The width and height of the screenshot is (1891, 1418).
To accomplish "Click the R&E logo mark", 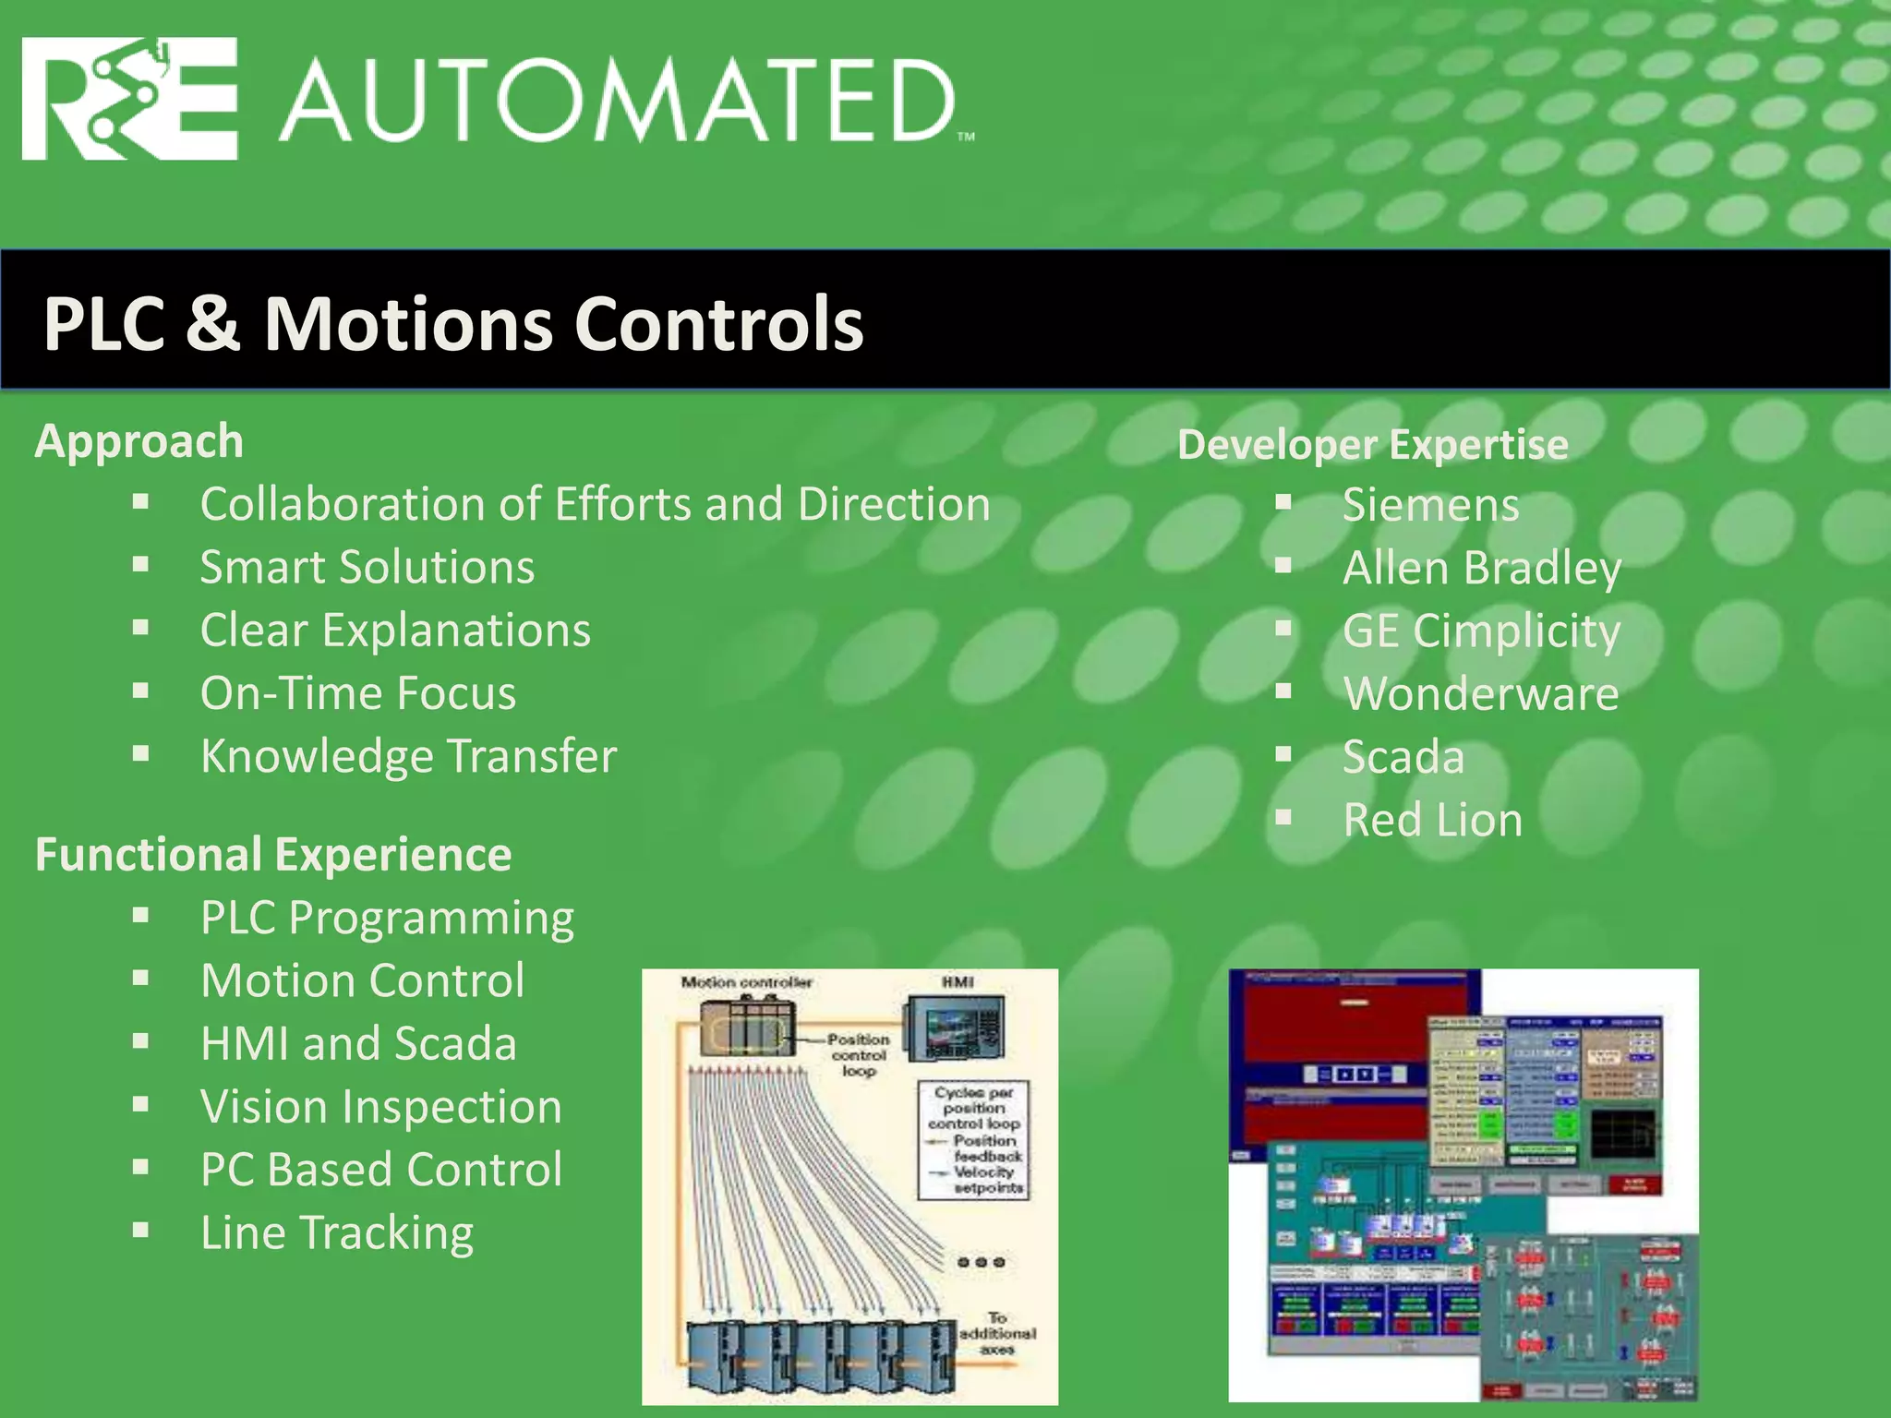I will (129, 99).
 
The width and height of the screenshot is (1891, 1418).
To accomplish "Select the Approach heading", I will (139, 441).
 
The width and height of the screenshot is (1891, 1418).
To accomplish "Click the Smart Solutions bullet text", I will (367, 567).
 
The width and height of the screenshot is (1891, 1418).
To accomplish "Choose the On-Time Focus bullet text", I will (358, 693).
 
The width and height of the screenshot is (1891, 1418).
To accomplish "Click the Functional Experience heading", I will (273, 855).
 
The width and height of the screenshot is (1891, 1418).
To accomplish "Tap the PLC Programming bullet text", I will (388, 918).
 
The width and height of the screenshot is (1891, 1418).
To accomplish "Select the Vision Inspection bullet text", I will (381, 1107).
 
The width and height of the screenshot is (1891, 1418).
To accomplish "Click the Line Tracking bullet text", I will (337, 1232).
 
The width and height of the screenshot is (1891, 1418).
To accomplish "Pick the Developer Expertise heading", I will (1372, 445).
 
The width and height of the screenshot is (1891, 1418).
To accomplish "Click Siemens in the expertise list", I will (1430, 505).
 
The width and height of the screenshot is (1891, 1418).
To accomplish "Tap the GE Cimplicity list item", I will (1481, 631).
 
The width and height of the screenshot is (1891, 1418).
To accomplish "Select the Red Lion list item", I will (1432, 820).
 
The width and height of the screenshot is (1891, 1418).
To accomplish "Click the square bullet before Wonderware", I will (1283, 692).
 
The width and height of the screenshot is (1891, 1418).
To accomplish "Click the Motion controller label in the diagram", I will (746, 982).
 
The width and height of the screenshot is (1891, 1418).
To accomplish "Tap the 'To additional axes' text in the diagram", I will (997, 1333).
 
